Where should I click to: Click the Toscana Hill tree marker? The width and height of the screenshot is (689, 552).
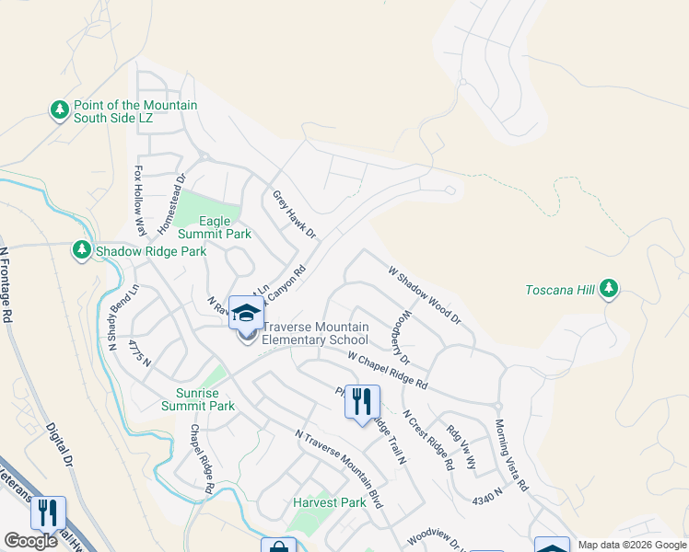(x=608, y=290)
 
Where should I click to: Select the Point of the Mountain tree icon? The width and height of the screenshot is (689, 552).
(x=60, y=111)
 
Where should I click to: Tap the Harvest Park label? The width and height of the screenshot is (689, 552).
(x=330, y=503)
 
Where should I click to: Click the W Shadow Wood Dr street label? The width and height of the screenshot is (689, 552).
(x=424, y=295)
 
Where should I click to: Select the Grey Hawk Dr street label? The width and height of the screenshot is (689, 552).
(x=294, y=215)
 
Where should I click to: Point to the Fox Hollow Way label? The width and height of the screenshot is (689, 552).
(x=141, y=201)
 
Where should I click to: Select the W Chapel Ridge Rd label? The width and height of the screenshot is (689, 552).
(x=389, y=369)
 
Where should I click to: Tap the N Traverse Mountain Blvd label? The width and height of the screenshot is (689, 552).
(x=338, y=470)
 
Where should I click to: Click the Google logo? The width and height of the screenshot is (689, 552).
(x=30, y=540)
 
